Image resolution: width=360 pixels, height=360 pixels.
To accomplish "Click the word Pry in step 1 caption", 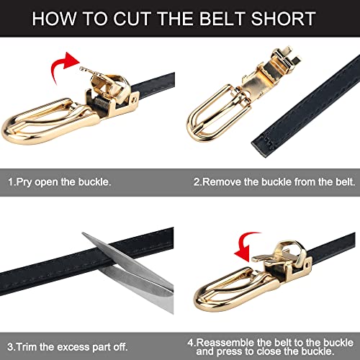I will click(x=23, y=182).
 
